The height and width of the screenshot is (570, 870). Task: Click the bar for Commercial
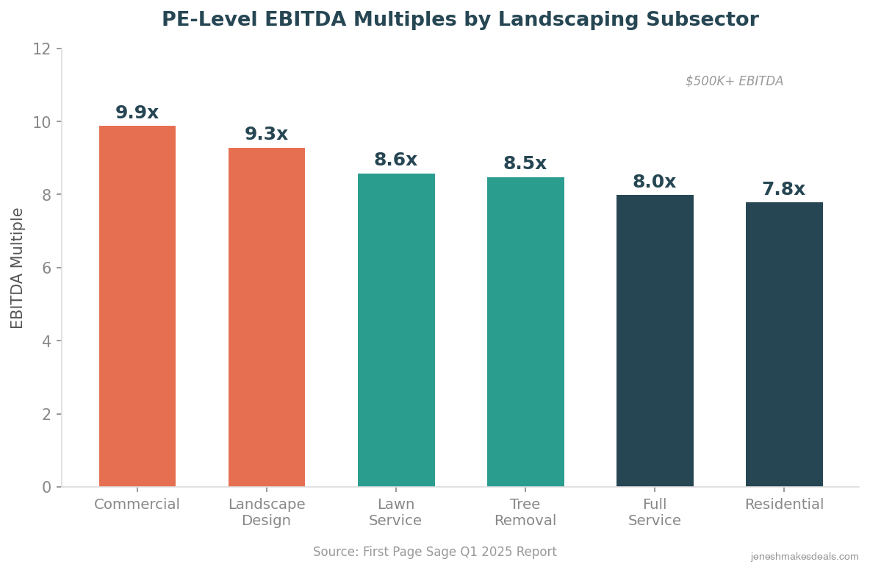pos(137,306)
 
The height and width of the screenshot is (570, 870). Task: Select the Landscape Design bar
pos(267,317)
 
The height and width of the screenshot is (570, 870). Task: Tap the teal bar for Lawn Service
pos(396,330)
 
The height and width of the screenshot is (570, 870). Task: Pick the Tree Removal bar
pos(525,332)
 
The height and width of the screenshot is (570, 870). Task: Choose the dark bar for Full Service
pos(655,341)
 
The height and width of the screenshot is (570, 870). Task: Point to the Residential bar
pos(784,344)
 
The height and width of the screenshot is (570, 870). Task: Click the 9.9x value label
pos(137,113)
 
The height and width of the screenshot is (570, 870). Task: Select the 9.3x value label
pos(267,135)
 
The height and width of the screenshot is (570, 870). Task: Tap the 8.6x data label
pos(396,160)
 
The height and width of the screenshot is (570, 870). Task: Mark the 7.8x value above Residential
pos(784,190)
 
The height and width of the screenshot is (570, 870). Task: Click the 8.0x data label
pos(655,182)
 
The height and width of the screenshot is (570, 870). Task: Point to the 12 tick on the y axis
pos(42,49)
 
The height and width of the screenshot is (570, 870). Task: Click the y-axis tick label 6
pos(46,268)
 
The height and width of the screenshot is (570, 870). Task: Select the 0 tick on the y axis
pos(46,488)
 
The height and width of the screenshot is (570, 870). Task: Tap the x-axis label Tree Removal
pos(525,513)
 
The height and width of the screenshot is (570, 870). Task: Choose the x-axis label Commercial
pos(137,505)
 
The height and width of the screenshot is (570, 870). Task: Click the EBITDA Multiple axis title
pos(18,268)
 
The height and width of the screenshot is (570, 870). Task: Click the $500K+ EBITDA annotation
pos(734,82)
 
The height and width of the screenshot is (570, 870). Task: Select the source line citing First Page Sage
pos(435,552)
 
